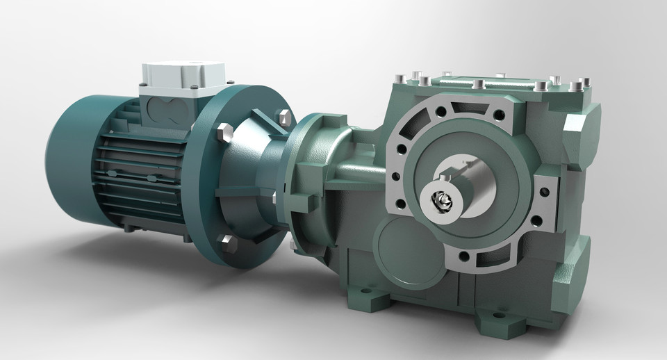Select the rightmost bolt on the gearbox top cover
(x=576, y=87)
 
